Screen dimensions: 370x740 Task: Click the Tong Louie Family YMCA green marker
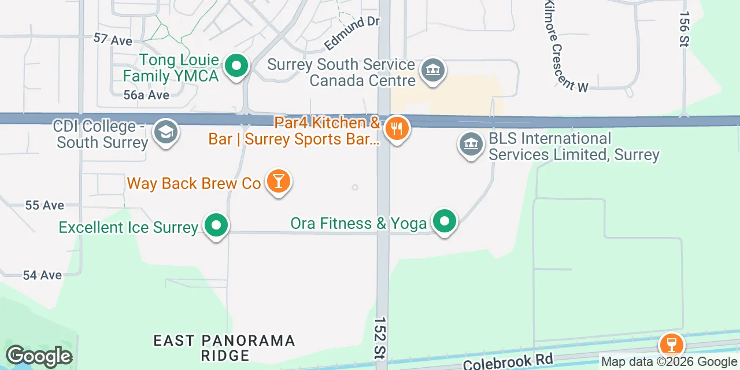(235, 66)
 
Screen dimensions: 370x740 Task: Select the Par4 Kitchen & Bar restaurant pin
(397, 129)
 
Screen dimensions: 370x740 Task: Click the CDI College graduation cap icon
(166, 132)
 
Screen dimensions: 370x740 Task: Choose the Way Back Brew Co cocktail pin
(278, 182)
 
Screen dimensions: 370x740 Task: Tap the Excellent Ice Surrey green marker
(216, 225)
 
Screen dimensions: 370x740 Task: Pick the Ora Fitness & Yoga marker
(444, 221)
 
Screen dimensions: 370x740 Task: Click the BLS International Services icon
(471, 145)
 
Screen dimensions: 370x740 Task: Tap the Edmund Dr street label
(351, 33)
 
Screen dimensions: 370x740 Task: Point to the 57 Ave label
(113, 40)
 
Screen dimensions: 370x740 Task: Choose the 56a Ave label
(146, 95)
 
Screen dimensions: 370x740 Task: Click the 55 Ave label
(45, 205)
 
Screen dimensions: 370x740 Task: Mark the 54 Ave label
(42, 275)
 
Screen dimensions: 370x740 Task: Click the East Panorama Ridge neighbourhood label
(224, 347)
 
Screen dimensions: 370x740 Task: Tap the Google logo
(39, 357)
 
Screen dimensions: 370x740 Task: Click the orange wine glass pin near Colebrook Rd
(671, 345)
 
